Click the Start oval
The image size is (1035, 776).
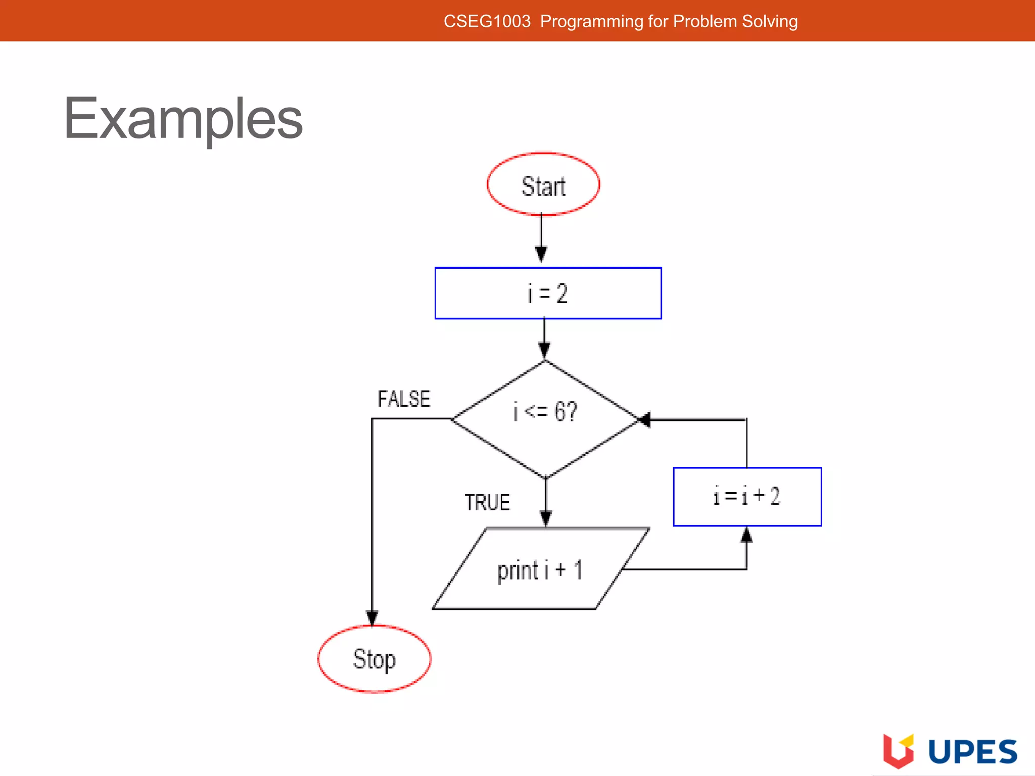(x=543, y=185)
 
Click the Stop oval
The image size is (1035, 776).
(x=374, y=659)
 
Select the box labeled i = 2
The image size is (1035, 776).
(x=548, y=294)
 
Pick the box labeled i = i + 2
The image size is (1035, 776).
(x=747, y=497)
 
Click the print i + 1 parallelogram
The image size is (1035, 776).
(x=540, y=569)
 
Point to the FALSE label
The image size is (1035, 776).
(x=404, y=399)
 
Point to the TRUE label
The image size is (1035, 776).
(x=487, y=503)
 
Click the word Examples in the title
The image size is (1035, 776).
(x=183, y=119)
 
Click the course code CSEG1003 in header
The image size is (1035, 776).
(x=487, y=21)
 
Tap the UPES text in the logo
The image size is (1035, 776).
(x=972, y=752)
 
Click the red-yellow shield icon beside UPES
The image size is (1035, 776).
(x=898, y=750)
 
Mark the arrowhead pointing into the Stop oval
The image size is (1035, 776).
(x=372, y=617)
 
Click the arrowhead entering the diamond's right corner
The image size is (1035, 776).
(x=644, y=419)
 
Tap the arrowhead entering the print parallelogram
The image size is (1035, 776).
(x=546, y=518)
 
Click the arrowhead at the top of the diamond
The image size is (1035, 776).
(x=544, y=350)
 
